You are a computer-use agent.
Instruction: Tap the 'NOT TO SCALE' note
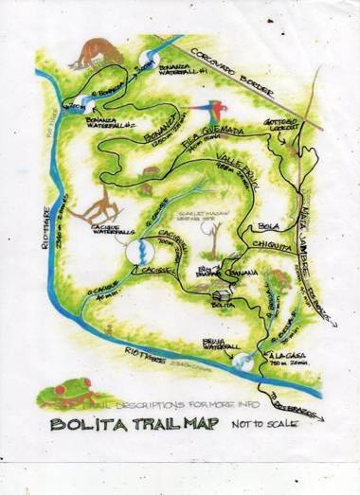[265, 424]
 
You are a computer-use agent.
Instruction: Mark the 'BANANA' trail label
[239, 271]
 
